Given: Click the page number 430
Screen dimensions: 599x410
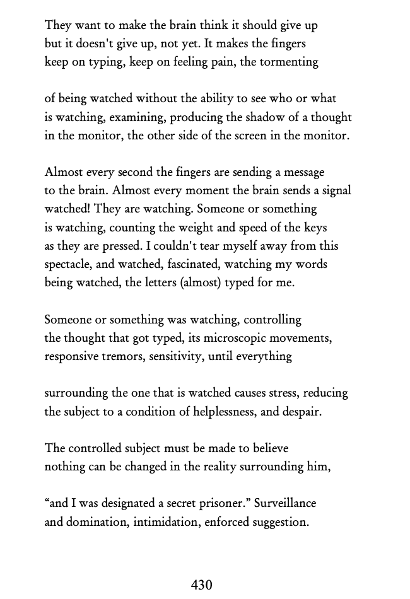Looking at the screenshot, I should click(x=201, y=585).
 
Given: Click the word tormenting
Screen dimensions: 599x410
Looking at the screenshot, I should click(x=288, y=62).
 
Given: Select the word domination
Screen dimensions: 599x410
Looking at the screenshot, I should click(x=96, y=522).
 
